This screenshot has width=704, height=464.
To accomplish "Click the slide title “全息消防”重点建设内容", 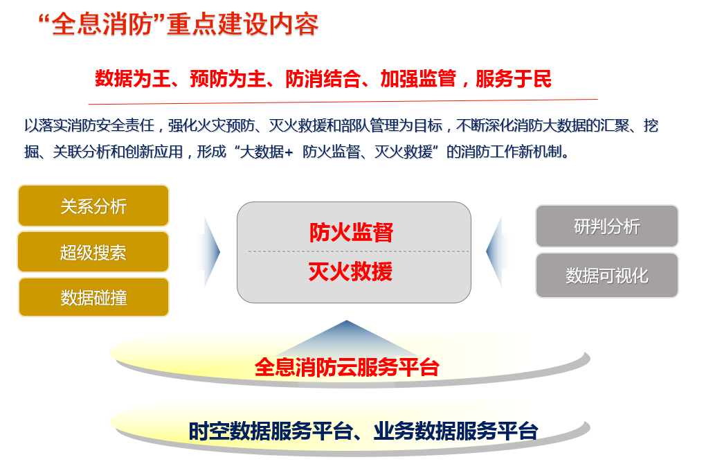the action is tap(179, 24).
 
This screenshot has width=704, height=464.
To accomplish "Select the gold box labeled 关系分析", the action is tap(93, 206).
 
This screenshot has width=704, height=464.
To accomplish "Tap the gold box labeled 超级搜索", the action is tap(93, 252).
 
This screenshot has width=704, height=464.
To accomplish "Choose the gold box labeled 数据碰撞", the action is tap(93, 297).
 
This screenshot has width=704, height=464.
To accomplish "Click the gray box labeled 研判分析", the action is tap(607, 226).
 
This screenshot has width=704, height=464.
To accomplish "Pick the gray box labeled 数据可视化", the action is tap(607, 276).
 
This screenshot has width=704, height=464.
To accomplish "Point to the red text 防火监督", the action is tap(351, 232).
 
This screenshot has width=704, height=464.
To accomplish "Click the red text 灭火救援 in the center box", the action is tap(351, 271).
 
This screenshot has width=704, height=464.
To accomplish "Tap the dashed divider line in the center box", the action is tap(358, 251).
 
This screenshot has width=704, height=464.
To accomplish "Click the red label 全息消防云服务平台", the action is tap(347, 368).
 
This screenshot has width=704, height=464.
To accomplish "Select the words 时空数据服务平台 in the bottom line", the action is tap(271, 431).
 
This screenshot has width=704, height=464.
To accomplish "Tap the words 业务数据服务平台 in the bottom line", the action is tap(455, 431).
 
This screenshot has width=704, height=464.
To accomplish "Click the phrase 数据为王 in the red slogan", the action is tap(133, 79).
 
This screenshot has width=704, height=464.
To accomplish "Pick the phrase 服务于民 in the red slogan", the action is tap(513, 79).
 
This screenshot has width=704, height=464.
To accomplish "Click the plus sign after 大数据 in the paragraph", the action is tap(289, 153).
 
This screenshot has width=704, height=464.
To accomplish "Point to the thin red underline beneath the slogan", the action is tap(343, 102).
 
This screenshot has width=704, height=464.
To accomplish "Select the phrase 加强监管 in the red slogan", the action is tap(418, 79).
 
